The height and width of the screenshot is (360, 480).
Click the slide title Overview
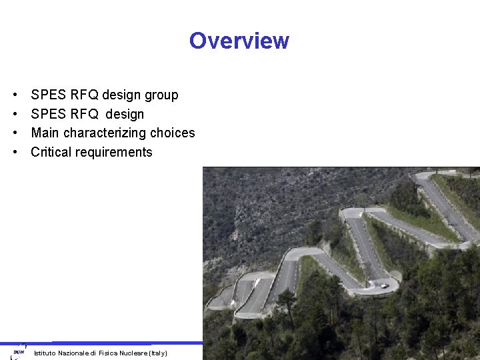coord(239,41)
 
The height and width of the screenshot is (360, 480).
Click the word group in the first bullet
coord(161,95)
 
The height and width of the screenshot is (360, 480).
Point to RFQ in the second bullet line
coord(85,114)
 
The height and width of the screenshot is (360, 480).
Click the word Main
coord(45,133)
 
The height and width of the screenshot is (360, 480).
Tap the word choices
coord(173,133)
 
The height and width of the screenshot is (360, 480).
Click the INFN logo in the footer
coord(18,351)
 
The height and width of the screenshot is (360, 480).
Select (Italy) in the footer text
coord(159,353)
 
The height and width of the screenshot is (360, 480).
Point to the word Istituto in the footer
coord(45,353)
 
